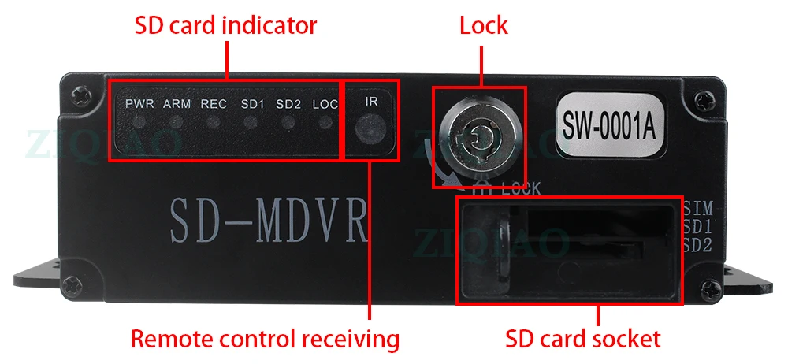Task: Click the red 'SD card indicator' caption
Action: (225, 25)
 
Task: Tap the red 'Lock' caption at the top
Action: (484, 25)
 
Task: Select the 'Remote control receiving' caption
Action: (265, 340)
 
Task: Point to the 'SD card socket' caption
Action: (582, 340)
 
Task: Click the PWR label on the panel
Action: (139, 103)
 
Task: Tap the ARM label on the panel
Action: (177, 103)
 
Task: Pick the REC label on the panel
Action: (214, 103)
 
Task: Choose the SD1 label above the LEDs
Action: (251, 103)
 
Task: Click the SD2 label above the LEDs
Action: (288, 103)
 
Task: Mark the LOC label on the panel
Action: (325, 103)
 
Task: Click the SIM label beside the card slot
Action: (697, 210)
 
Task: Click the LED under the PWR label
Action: (139, 123)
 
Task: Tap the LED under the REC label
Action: (214, 123)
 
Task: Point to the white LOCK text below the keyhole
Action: (520, 189)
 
